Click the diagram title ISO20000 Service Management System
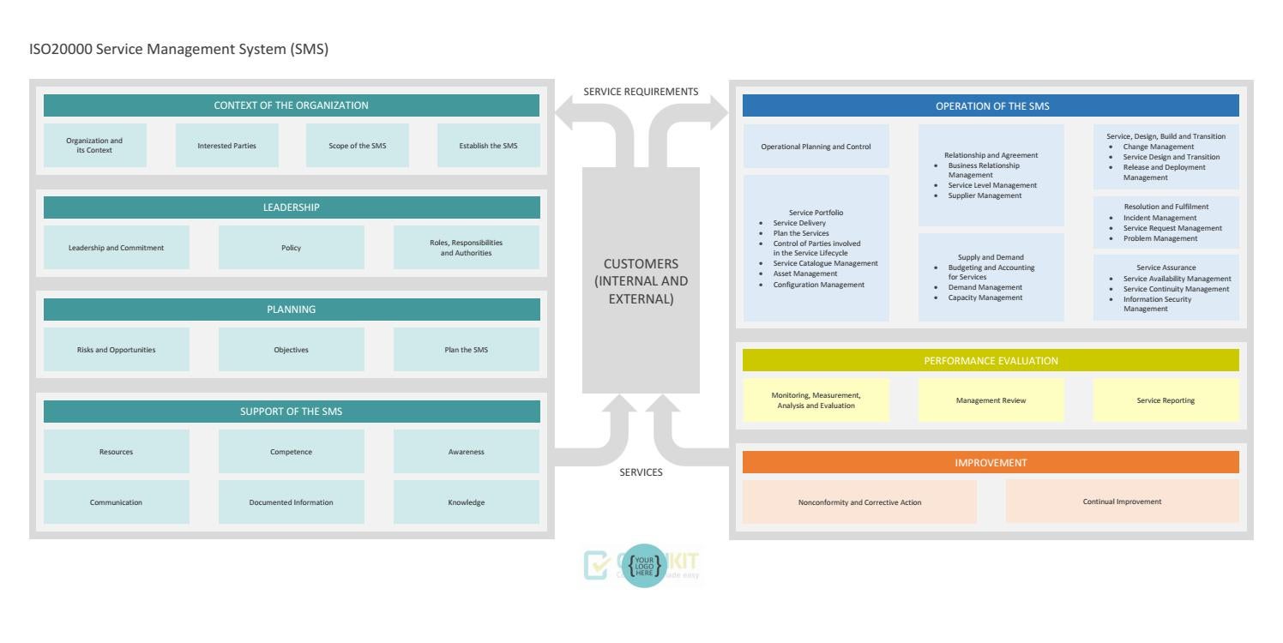(x=178, y=50)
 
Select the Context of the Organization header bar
(x=292, y=105)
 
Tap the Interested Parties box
(x=226, y=146)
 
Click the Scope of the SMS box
(x=358, y=146)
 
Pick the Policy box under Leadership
(x=292, y=248)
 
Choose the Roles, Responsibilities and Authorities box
(x=466, y=248)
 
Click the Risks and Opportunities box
(x=117, y=350)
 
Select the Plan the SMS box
(x=466, y=350)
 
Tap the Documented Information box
(x=292, y=502)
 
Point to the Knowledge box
(x=466, y=502)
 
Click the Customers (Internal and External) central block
(x=641, y=280)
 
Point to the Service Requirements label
(x=641, y=92)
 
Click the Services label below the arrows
(x=641, y=472)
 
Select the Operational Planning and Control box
(x=816, y=147)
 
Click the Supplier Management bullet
(x=985, y=195)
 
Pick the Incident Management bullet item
(x=1160, y=218)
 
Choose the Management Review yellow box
(x=991, y=400)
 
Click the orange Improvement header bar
(x=991, y=462)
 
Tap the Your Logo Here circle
(x=641, y=566)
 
